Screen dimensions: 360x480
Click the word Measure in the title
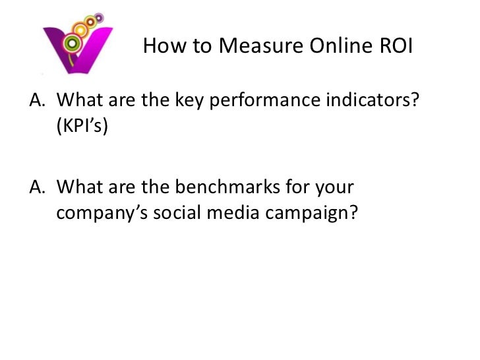[x=255, y=46]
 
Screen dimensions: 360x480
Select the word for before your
[x=300, y=191]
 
